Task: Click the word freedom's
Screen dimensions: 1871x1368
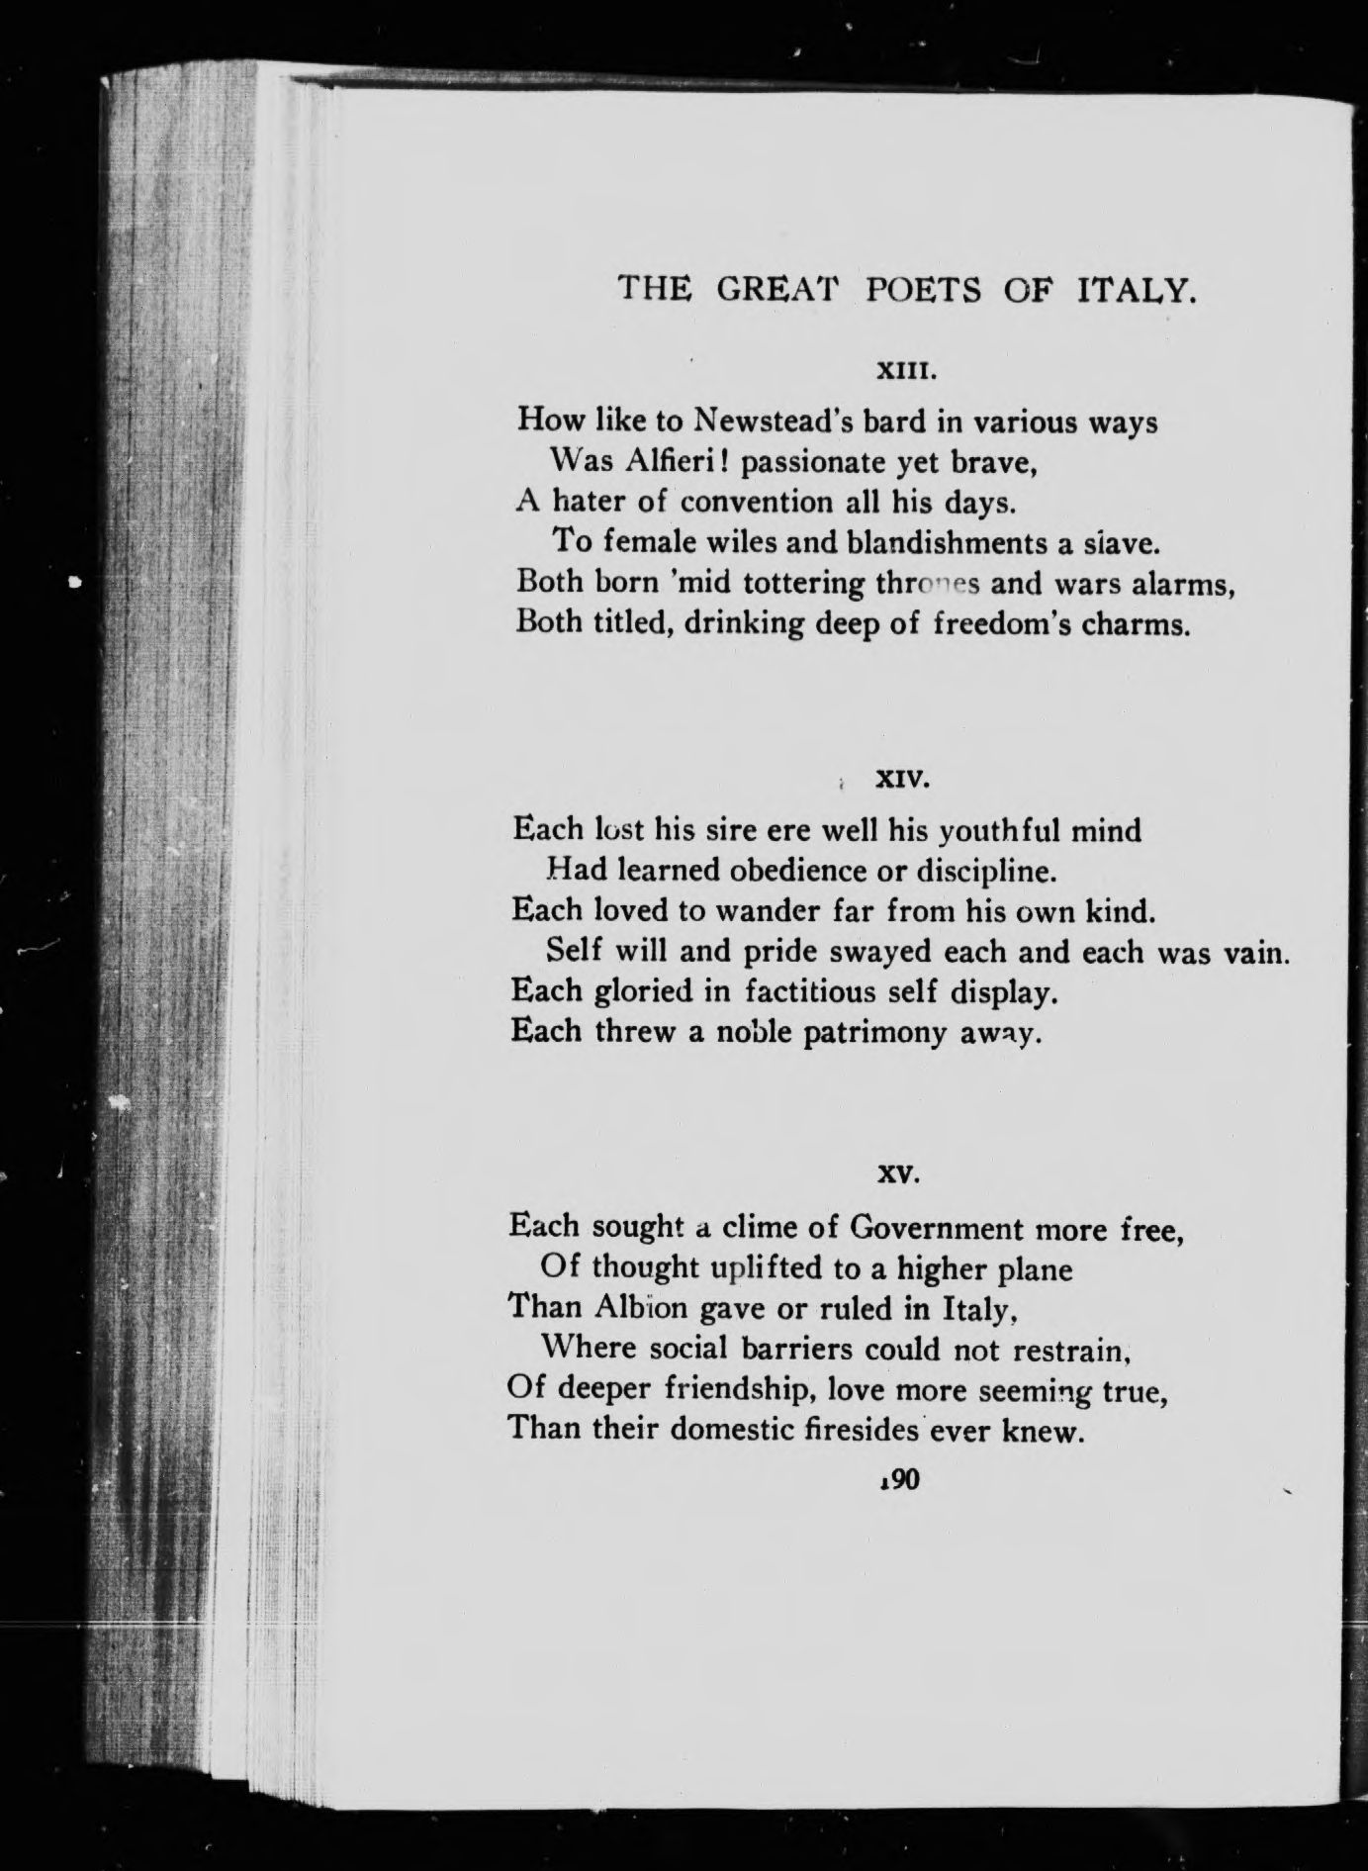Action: [x=1006, y=625]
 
